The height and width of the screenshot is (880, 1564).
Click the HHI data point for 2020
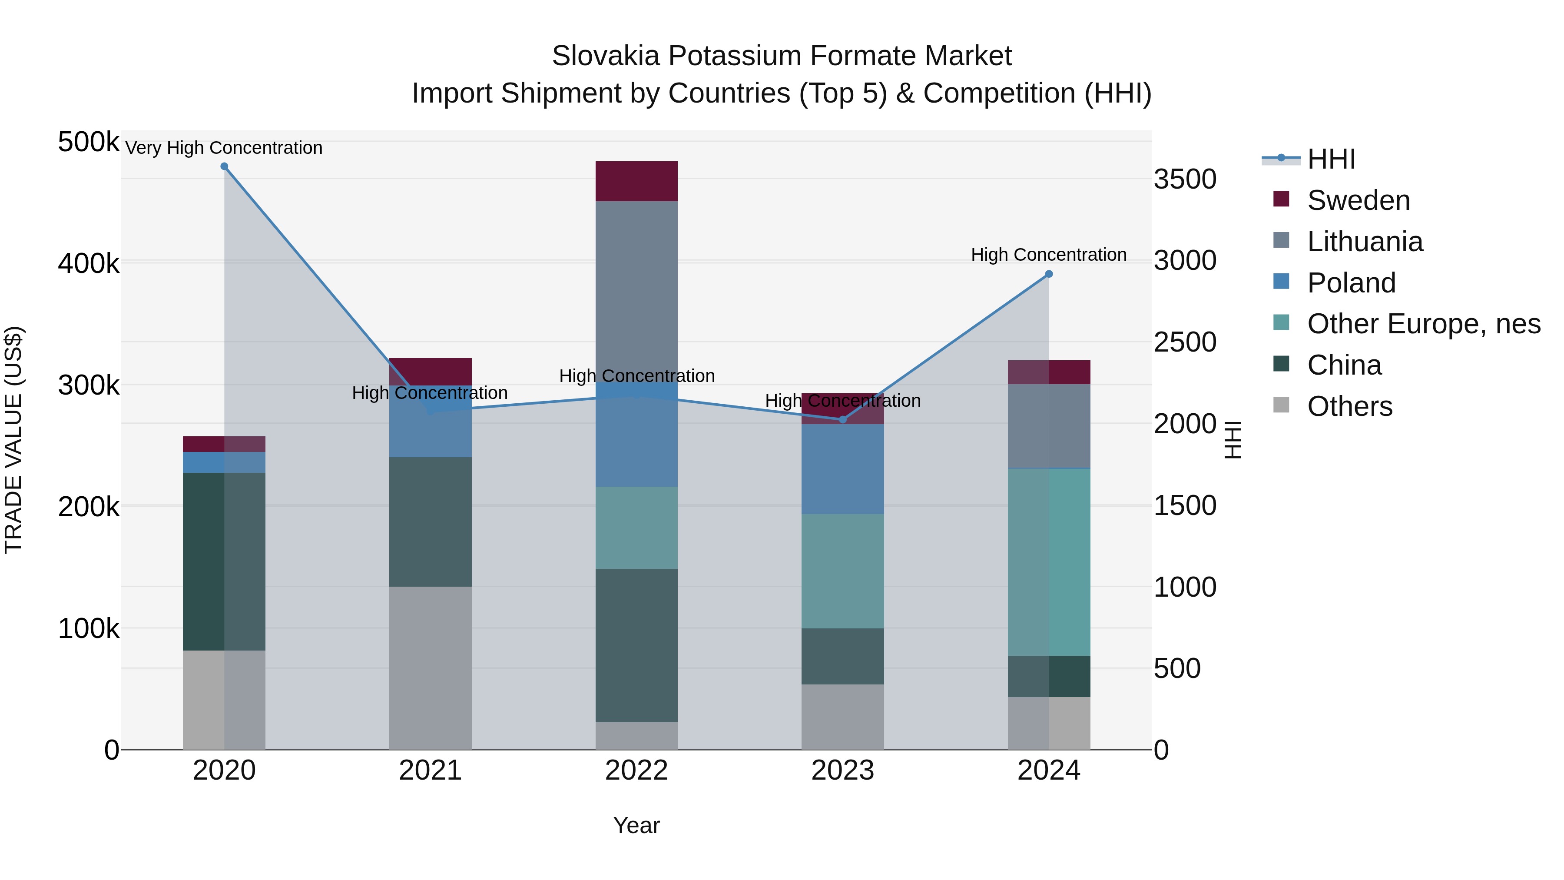point(224,166)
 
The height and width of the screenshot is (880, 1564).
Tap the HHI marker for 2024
point(1049,274)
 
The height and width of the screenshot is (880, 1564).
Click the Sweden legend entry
point(1358,200)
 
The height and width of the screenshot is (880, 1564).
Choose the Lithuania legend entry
point(1364,242)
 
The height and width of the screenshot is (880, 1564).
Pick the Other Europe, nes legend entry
point(1423,324)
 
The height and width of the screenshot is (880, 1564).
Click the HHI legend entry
point(1331,159)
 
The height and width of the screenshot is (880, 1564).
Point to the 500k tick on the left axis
point(89,142)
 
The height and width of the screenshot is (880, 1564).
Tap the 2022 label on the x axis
point(636,770)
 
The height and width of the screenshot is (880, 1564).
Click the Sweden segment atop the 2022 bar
point(636,181)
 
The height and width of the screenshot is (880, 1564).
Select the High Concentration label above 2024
point(1049,255)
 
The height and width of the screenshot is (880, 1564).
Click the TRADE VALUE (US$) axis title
point(13,440)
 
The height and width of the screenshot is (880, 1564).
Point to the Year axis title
point(636,825)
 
